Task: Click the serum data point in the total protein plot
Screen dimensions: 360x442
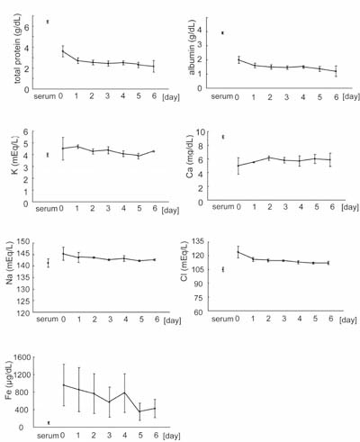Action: [x=48, y=22]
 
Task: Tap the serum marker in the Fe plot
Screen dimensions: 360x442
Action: [x=49, y=423]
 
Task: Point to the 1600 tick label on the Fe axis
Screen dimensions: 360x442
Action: [x=22, y=357]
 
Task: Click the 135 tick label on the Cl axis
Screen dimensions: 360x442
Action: [x=197, y=241]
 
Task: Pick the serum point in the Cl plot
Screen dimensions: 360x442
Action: [x=223, y=269]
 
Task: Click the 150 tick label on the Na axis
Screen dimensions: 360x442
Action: [x=23, y=242]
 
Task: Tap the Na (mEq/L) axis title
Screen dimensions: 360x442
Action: [x=10, y=264]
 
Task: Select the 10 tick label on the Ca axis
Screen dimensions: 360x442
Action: [x=200, y=132]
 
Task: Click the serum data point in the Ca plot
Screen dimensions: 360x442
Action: [x=223, y=137]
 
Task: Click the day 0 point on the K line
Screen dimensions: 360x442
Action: [x=63, y=149]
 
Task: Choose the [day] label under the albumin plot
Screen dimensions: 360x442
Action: [x=351, y=96]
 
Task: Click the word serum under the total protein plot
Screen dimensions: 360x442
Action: [x=45, y=96]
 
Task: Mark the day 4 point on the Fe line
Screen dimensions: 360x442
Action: [x=125, y=392]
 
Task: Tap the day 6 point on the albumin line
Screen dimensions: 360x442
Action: [x=336, y=71]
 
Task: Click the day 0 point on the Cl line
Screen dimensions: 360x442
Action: [x=238, y=252]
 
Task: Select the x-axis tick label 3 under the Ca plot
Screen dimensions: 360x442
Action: [x=285, y=207]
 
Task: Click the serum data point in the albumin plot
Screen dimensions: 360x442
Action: [x=222, y=32]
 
